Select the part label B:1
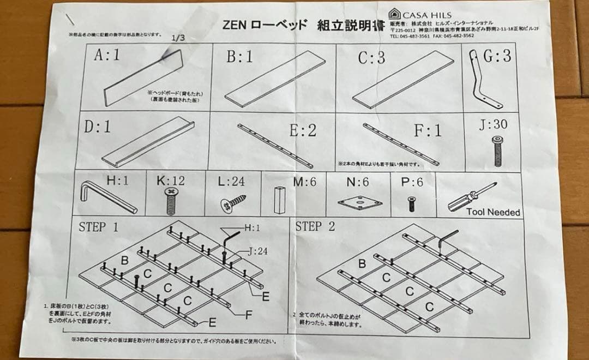coord(240,57)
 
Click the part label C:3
coord(371,58)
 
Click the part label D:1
coord(98,127)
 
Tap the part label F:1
coord(427,131)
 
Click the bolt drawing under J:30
coord(497,151)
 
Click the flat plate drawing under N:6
coord(356,203)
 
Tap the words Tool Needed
coord(493,212)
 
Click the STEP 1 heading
coord(98,227)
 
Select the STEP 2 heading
coord(315,227)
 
